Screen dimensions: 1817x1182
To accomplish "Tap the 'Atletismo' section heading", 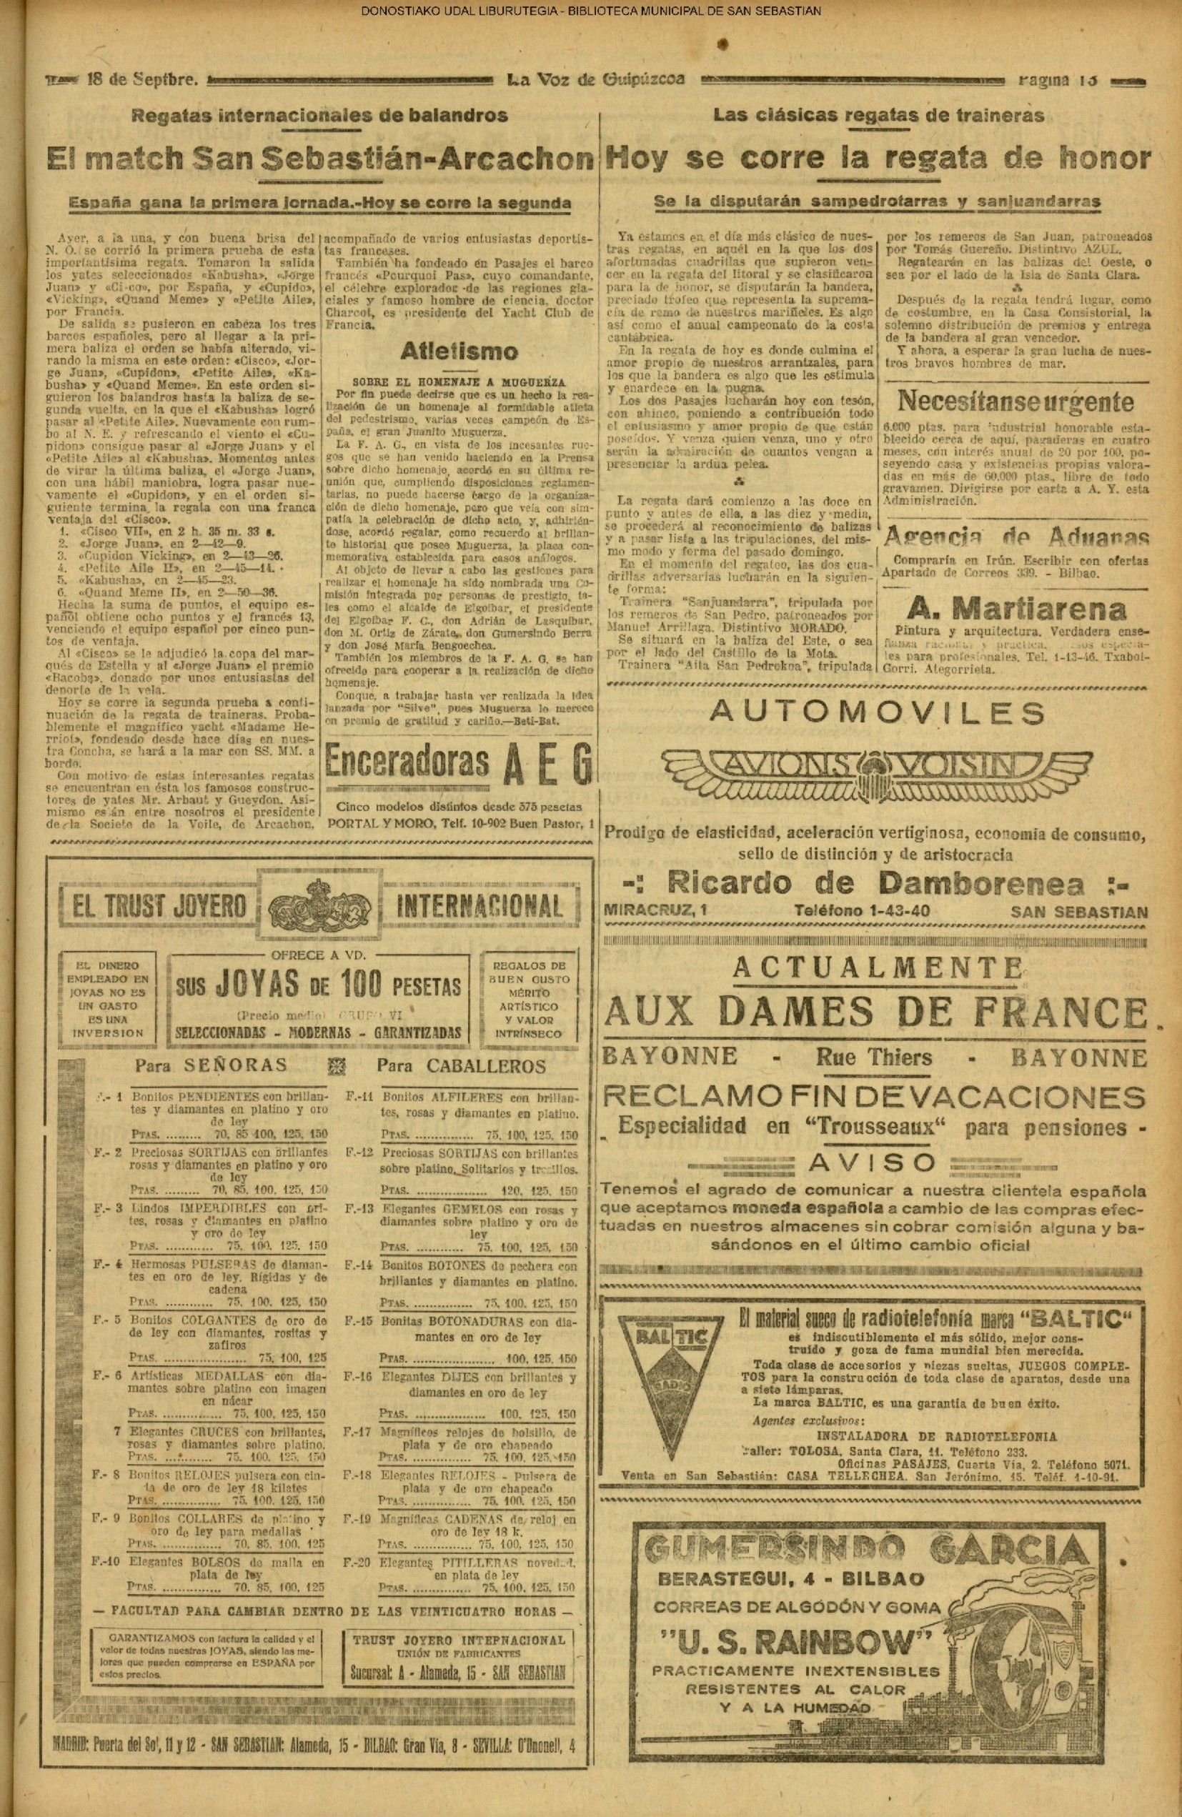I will coord(459,352).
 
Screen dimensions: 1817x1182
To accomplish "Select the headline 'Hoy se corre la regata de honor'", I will coord(878,158).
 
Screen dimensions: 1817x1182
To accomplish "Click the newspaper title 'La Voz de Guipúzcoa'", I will coord(595,79).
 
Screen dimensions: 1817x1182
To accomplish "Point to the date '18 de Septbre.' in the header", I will coord(144,79).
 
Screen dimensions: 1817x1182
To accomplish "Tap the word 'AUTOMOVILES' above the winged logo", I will coord(877,712).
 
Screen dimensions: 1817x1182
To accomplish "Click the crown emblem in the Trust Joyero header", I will coord(322,905).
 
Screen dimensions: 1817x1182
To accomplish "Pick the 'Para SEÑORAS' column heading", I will coord(211,1065).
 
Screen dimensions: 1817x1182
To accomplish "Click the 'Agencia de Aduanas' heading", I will coord(1015,537).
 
